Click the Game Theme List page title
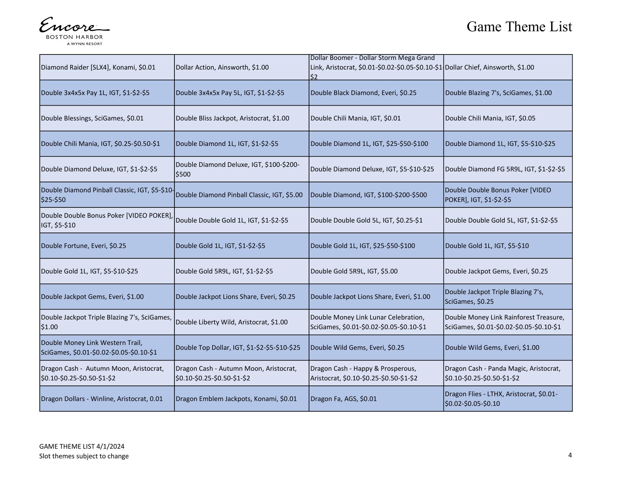pos(519,27)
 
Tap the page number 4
pos(570,455)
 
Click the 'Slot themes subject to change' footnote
pos(84,456)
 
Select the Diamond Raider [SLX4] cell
pos(98,67)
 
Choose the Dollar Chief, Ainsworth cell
pos(489,67)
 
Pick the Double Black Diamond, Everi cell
pos(363,93)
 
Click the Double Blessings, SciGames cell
pos(92,118)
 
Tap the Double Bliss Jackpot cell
pos(232,118)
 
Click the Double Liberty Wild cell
pos(232,322)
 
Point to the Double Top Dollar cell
pos(238,348)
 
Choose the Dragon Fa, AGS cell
pos(343,399)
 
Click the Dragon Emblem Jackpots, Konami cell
pos(236,399)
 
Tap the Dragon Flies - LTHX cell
pos(501,399)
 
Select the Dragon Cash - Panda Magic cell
pos(502,373)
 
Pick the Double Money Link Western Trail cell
pos(99,348)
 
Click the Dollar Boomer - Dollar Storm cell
pos(376,67)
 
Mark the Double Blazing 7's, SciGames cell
pos(498,93)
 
